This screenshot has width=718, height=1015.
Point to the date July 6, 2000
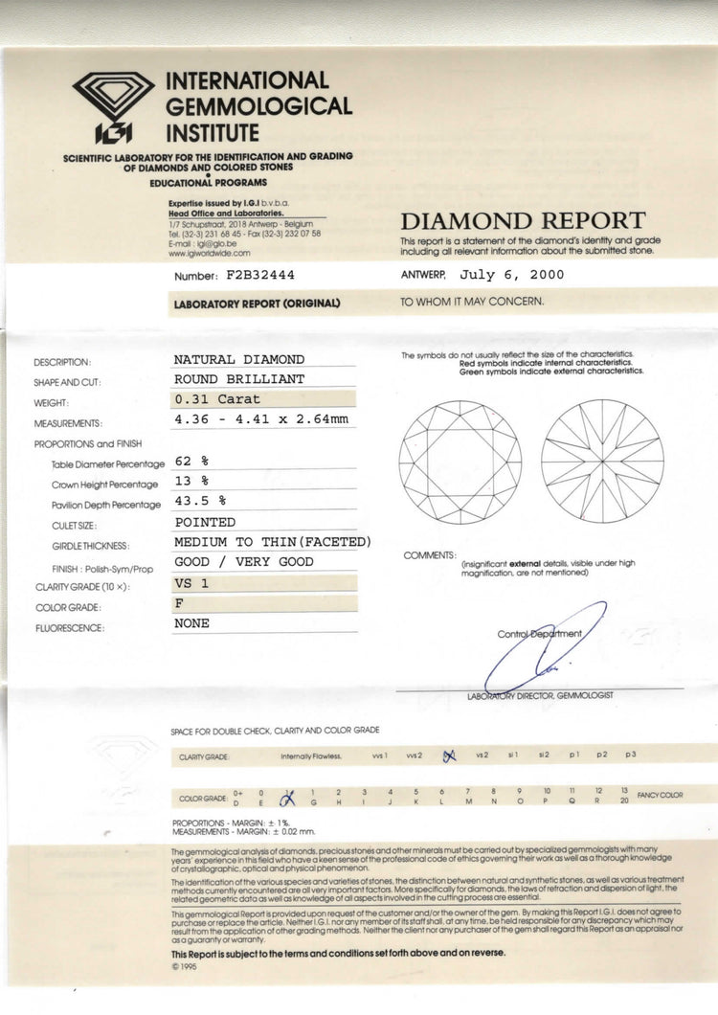coord(512,275)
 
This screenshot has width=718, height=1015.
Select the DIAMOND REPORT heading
coord(523,221)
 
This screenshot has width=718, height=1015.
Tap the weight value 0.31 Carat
coord(216,399)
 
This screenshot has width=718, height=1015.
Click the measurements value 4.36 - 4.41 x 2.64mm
coord(260,419)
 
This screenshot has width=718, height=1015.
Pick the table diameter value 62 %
coord(191,461)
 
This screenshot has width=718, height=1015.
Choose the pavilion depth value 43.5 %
coord(199,501)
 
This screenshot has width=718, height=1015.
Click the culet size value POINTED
coord(205,522)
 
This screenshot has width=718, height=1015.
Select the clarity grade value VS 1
coord(191,582)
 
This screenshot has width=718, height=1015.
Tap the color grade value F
coord(178,603)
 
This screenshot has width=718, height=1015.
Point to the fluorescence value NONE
coord(191,623)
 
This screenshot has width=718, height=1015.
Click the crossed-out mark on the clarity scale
coord(448,756)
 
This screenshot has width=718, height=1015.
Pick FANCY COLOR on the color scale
coord(661,795)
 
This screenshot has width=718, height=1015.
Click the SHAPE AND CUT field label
coord(67,383)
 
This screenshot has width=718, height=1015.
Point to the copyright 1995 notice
coord(181,966)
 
